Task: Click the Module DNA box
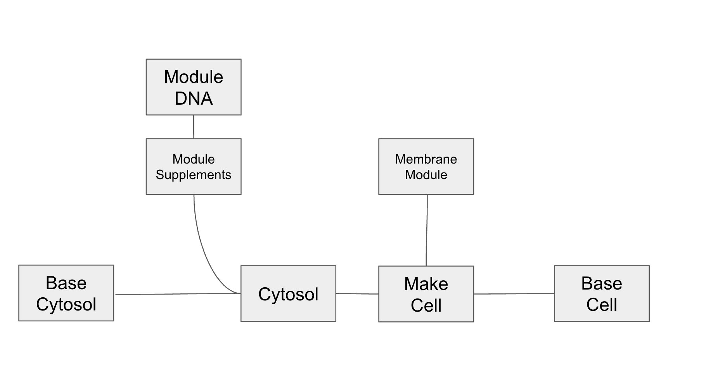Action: pyautogui.click(x=193, y=87)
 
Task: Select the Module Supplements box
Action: pyautogui.click(x=193, y=167)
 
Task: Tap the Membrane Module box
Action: pyautogui.click(x=426, y=167)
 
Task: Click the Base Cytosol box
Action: pyautogui.click(x=66, y=293)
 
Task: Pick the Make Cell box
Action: pyautogui.click(x=426, y=294)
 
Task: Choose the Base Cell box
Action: pyautogui.click(x=602, y=294)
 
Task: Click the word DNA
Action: pyautogui.click(x=193, y=98)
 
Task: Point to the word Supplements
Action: pyautogui.click(x=193, y=175)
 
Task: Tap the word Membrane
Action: pyautogui.click(x=426, y=159)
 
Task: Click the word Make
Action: pyautogui.click(x=426, y=284)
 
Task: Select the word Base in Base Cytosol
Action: pyautogui.click(x=66, y=283)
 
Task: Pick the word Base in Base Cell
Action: pyautogui.click(x=602, y=283)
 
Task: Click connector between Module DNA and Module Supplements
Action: pyautogui.click(x=194, y=127)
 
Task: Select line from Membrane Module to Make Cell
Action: pyautogui.click(x=427, y=230)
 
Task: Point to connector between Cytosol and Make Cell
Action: pyautogui.click(x=357, y=294)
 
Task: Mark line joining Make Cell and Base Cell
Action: pyautogui.click(x=514, y=294)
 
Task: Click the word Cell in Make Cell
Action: pyautogui.click(x=426, y=305)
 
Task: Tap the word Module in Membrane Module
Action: pyautogui.click(x=426, y=175)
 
